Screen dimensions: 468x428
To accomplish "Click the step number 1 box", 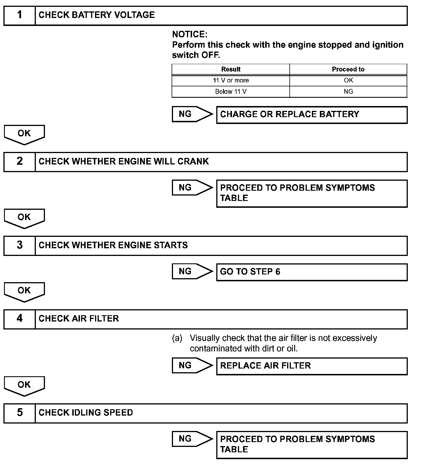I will (19, 15).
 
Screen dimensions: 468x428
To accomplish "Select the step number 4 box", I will (19, 319).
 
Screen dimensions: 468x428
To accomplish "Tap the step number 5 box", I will (19, 413).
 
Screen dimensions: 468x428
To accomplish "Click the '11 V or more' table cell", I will (231, 81).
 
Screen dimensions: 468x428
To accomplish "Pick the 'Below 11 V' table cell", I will (231, 92).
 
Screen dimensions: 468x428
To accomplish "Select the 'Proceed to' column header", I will (348, 70).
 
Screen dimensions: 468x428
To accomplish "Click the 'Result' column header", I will (231, 70).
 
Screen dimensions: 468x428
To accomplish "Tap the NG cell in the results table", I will (348, 92).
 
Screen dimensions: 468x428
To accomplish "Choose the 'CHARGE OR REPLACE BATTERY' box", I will (312, 115).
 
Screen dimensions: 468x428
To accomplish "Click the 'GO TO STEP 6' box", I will (312, 272).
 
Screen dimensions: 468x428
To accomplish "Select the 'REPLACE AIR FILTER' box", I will (312, 366).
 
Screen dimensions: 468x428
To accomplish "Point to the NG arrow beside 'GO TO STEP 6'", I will (192, 271).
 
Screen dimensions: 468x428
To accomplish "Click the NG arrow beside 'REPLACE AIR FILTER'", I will (192, 365).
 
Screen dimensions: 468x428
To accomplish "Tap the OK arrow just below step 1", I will (24, 134).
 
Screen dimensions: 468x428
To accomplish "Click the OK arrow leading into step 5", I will (24, 386).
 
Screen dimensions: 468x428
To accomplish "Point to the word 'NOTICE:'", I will (190, 34).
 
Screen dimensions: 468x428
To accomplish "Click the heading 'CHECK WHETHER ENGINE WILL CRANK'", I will (124, 162).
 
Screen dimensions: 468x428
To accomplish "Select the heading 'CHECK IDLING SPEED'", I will (86, 413).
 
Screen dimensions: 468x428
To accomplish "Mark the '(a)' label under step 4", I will (177, 338).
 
